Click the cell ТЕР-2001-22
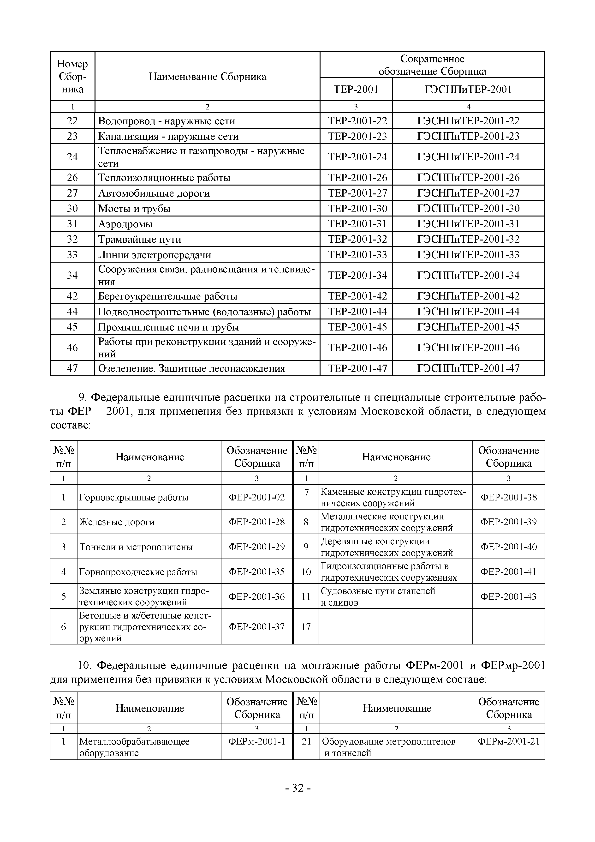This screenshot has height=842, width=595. pos(357,121)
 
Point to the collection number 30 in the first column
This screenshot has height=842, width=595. pos(72,209)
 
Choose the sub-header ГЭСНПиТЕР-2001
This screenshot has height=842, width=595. pos(468,90)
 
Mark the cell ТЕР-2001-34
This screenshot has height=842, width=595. pos(357,275)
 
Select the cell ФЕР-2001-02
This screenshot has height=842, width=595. pos(257,497)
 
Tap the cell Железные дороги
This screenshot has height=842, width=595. pos(117,522)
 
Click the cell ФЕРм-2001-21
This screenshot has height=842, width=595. pos(508,741)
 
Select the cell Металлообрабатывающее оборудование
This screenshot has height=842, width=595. pos(134,747)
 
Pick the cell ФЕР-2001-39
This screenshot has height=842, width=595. pos(508,522)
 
